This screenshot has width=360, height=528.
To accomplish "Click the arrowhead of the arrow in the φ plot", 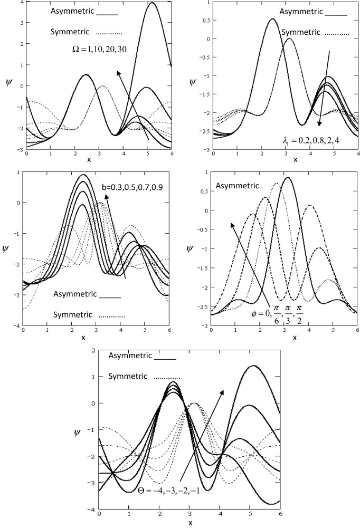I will click(231, 224).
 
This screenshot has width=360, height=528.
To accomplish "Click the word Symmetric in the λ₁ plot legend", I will click(299, 32).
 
